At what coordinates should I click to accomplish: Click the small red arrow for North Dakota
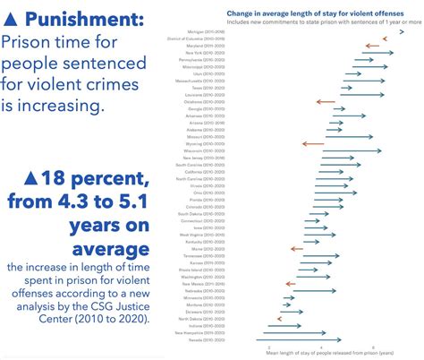tap(280, 318)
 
